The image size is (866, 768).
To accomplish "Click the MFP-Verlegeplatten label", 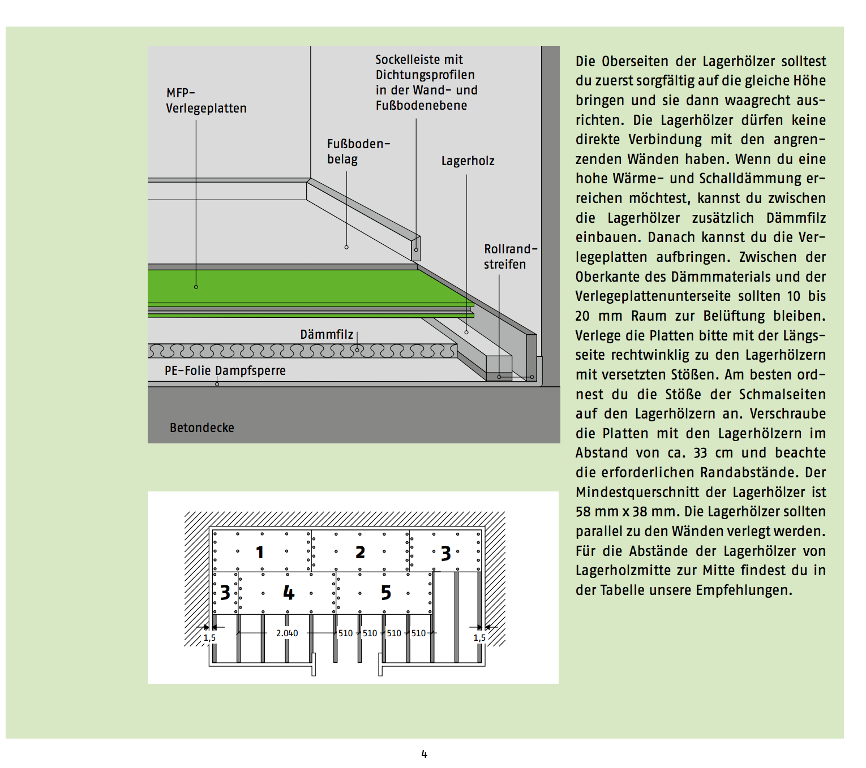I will coord(206,101).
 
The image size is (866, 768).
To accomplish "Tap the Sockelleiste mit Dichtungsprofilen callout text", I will coord(426,83).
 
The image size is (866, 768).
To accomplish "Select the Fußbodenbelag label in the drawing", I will coord(358,152).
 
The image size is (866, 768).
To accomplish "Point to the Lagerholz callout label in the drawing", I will coord(468,161).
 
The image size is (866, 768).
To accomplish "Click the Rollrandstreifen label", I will coord(509,257).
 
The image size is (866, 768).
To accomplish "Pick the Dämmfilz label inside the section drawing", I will coord(327,335).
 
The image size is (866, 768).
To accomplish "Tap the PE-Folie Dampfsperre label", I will coord(225,371).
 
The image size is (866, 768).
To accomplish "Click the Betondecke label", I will coord(202,428).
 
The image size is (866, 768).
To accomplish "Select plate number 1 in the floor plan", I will coord(260,552).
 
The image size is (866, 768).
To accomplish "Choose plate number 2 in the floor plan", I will coord(360,552).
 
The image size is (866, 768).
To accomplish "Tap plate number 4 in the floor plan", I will coord(289,593).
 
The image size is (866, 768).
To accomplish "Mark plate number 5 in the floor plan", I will coord(385,593).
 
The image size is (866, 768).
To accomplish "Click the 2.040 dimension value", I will coord(287,633).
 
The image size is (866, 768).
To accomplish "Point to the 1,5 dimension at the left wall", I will coord(209,638).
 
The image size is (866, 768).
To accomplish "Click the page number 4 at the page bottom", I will coord(424,754).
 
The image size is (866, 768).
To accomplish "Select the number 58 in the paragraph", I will coord(584,512).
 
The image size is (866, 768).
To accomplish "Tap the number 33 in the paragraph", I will coord(701,453).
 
